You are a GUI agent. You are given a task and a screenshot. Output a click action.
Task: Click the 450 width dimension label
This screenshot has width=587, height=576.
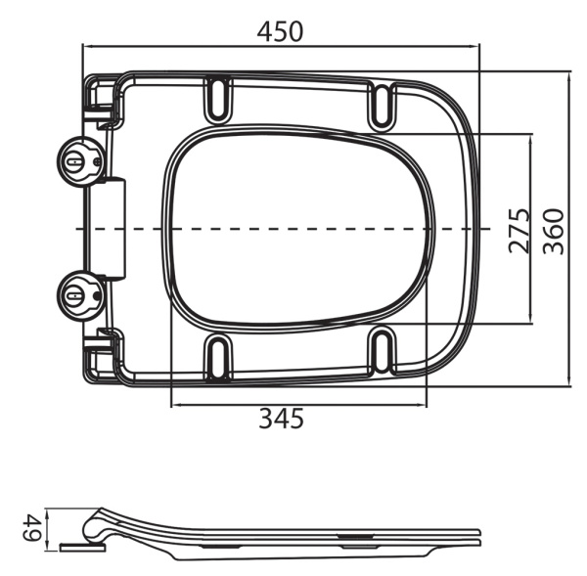[280, 30]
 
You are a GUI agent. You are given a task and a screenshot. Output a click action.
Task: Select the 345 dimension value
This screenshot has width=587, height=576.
[281, 419]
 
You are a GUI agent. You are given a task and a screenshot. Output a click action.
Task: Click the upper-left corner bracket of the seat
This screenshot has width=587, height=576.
[102, 101]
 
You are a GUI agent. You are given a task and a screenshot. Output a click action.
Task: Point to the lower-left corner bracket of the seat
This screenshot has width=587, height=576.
[102, 351]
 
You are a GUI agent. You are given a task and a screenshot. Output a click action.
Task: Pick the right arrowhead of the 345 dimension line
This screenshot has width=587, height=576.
[425, 405]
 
